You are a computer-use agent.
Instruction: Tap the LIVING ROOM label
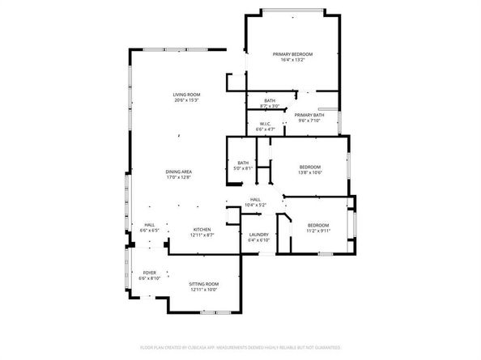185,95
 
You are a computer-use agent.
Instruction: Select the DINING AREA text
179,171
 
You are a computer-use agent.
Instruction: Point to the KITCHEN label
202,230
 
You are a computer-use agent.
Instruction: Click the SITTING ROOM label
204,284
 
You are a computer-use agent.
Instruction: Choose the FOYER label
150,273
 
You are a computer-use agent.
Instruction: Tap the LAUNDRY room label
258,235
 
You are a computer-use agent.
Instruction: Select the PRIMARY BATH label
309,115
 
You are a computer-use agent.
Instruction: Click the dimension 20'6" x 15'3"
185,100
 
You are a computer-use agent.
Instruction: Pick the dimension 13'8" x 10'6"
310,172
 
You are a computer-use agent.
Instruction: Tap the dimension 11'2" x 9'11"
318,230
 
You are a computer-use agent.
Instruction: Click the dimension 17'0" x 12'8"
179,176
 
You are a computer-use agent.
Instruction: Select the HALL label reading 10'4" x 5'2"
255,199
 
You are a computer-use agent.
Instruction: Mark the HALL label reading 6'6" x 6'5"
150,225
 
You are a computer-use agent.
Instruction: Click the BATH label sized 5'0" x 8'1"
243,163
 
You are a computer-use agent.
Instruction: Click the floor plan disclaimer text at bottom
240,347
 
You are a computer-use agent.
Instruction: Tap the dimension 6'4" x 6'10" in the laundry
258,240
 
